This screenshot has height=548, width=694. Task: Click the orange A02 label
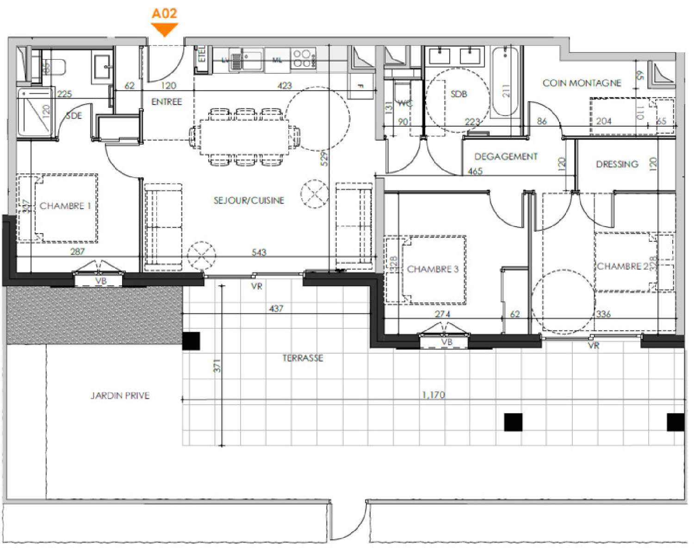click(164, 13)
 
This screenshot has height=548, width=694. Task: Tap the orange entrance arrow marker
click(165, 30)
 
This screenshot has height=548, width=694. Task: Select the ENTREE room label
click(167, 102)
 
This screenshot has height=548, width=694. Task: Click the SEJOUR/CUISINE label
click(248, 200)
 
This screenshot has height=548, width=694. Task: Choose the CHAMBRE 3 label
click(433, 269)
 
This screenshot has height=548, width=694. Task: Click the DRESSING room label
click(617, 164)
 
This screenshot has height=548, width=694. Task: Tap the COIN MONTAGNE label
click(582, 83)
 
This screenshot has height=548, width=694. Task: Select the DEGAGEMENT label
click(506, 157)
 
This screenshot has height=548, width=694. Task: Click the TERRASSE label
click(303, 358)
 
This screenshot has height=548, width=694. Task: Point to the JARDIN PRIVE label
click(120, 396)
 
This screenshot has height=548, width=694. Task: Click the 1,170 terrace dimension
click(434, 395)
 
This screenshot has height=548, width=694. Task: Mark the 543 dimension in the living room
click(259, 252)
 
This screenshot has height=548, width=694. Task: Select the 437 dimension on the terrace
click(276, 308)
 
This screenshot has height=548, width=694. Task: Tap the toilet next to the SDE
click(54, 67)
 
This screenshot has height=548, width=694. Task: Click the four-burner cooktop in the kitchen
click(303, 59)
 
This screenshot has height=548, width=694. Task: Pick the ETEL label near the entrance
click(202, 54)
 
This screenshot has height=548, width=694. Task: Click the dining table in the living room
click(244, 137)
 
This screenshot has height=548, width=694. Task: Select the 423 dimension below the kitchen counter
click(285, 86)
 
